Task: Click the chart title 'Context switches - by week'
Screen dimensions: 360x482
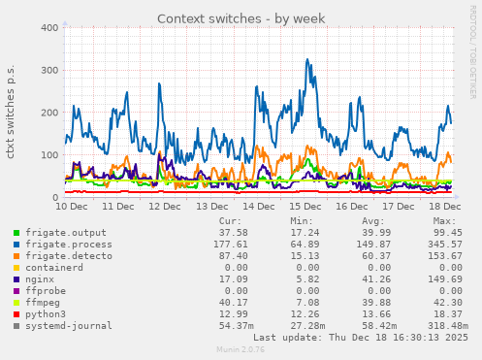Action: [x=241, y=17]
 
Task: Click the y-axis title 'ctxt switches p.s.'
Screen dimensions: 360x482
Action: [x=11, y=113]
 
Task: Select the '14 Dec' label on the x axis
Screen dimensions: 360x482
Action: [x=258, y=207]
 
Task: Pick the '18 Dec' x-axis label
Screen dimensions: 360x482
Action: [x=445, y=207]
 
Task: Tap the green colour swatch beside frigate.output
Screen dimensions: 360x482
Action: [x=16, y=233]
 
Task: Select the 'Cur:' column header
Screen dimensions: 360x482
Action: [x=231, y=221]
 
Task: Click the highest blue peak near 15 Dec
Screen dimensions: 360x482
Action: [x=307, y=59]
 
